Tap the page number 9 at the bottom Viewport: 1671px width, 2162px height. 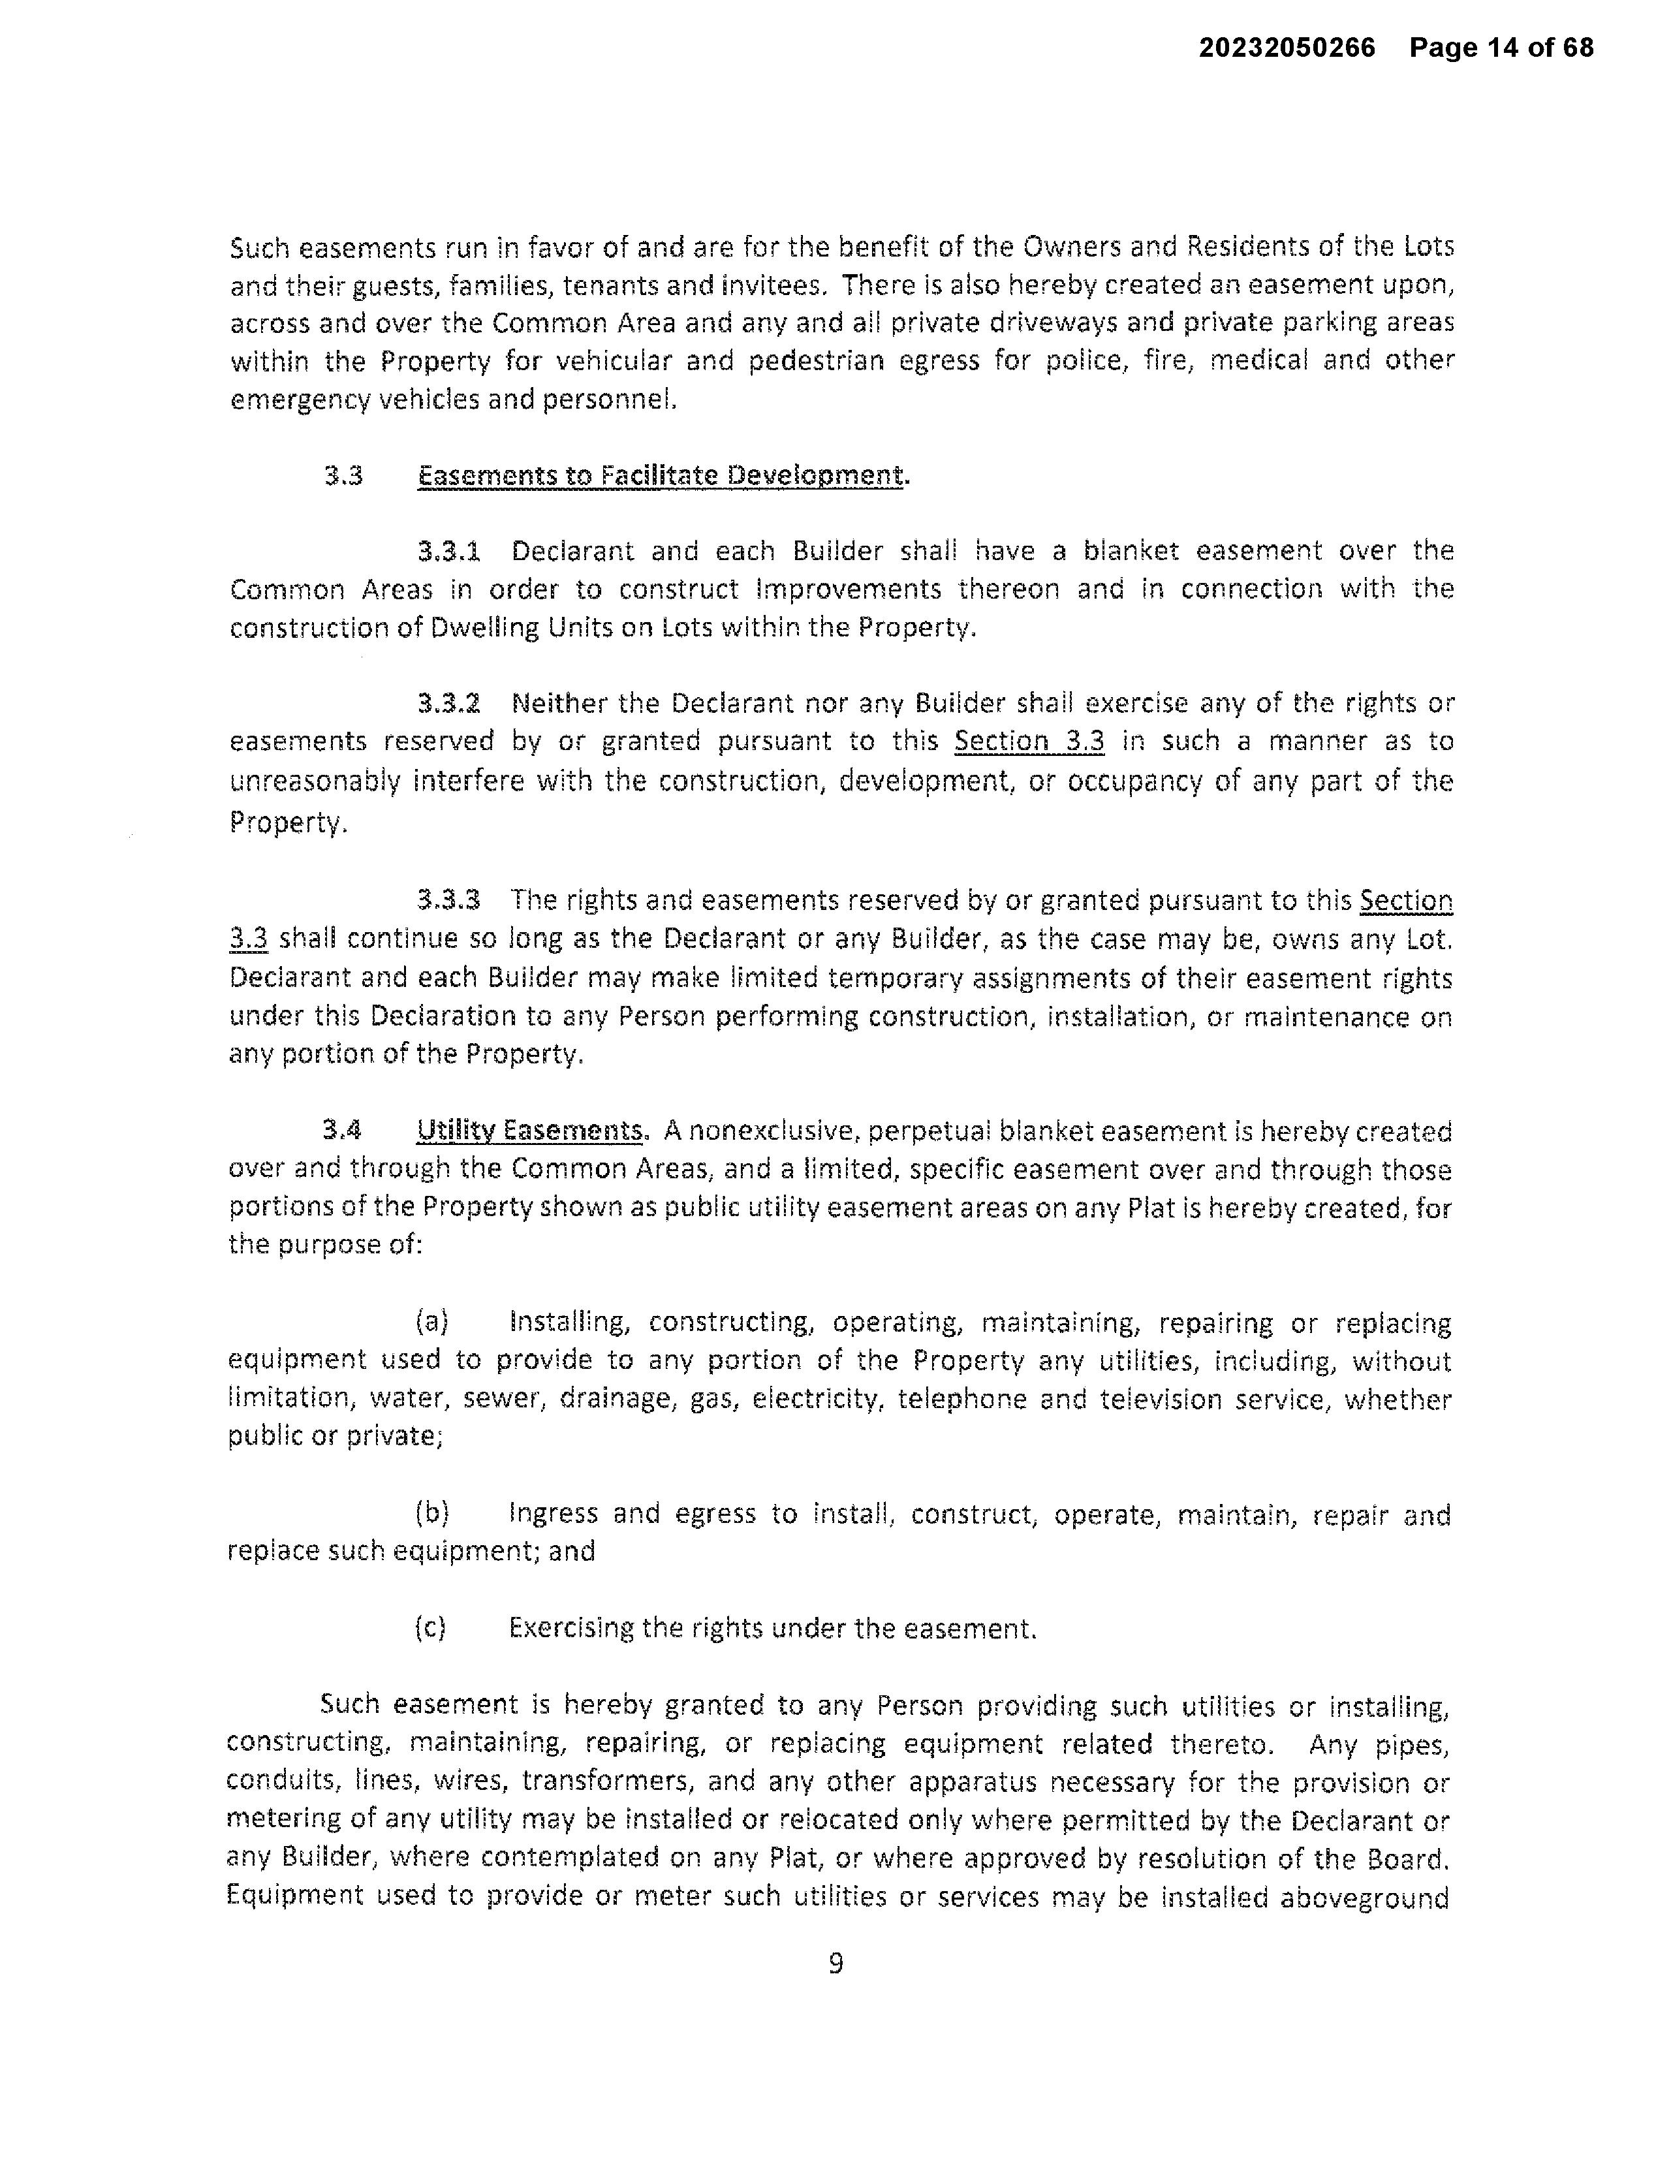(x=835, y=1962)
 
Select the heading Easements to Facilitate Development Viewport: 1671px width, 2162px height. (x=661, y=476)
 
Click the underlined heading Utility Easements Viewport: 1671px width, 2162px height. (x=531, y=1131)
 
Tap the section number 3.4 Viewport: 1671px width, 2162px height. (x=341, y=1131)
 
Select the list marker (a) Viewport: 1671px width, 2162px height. (x=431, y=1322)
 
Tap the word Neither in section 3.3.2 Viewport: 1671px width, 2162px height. (x=557, y=704)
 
